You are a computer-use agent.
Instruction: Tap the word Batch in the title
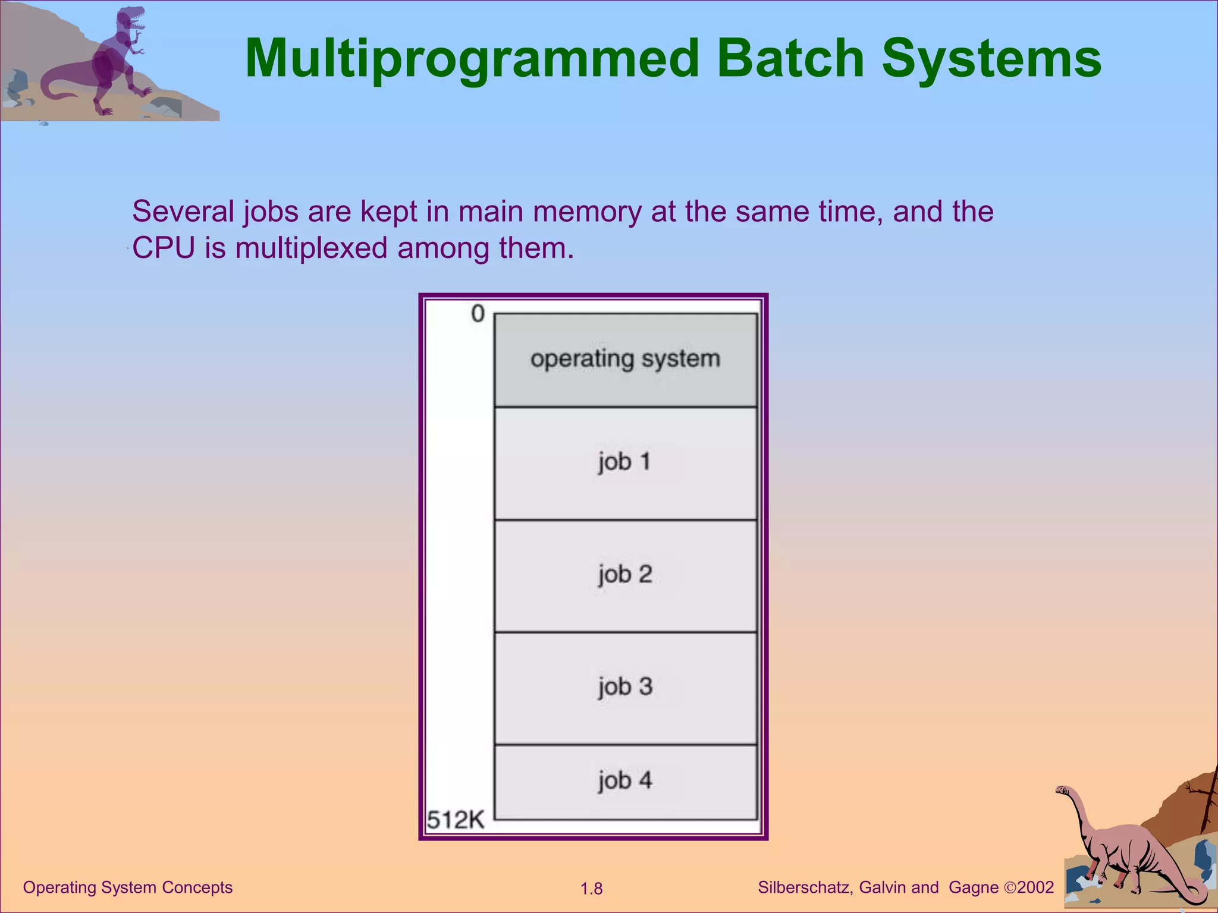pos(790,58)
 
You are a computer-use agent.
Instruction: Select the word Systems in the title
pos(991,58)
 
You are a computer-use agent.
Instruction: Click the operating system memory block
pos(625,360)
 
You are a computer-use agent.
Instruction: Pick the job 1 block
pos(625,462)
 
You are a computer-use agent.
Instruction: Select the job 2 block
pos(625,575)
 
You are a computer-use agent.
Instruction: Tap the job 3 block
pos(625,688)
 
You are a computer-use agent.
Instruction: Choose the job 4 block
pos(625,781)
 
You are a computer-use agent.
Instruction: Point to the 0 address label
pos(478,314)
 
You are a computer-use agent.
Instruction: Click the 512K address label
pos(456,820)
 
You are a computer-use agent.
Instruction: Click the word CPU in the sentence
pos(164,248)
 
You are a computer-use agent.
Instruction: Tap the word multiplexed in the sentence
pos(311,248)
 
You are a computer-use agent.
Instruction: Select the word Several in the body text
pos(183,212)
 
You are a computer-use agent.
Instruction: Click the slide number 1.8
pos(591,889)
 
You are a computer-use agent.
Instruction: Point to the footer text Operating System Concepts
pos(128,887)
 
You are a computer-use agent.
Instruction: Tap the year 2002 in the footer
pos(1035,887)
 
